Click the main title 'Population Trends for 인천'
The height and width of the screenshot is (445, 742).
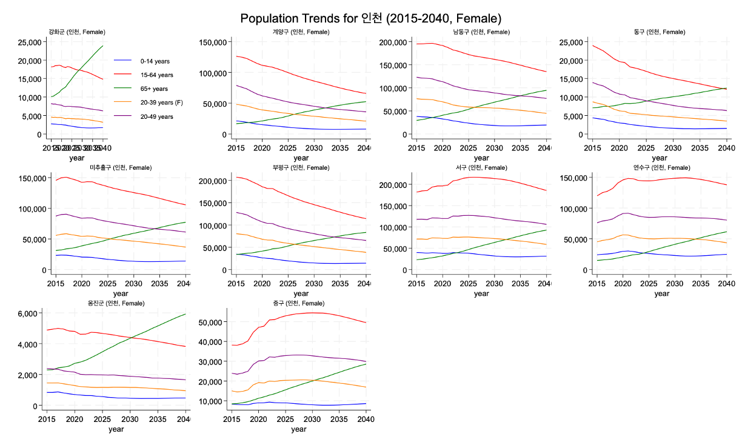click(370, 18)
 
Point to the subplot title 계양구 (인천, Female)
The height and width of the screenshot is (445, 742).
click(301, 32)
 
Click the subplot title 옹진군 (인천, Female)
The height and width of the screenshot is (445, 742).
click(118, 303)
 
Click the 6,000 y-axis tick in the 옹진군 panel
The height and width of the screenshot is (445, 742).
click(29, 313)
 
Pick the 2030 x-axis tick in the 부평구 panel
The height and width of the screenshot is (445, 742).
click(314, 283)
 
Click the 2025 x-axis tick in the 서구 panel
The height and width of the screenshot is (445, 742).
click(469, 283)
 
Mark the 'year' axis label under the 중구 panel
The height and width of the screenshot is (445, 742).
click(298, 429)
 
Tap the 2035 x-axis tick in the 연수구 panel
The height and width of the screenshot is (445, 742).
click(701, 283)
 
